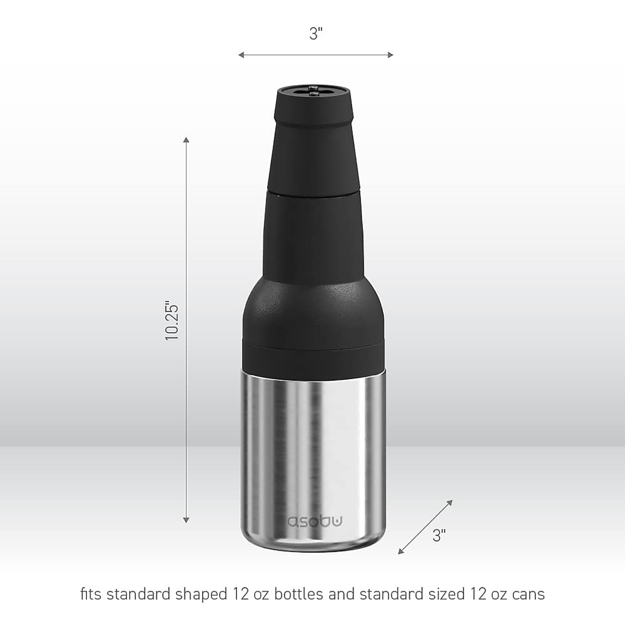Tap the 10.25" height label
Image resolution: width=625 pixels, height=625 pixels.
click(172, 320)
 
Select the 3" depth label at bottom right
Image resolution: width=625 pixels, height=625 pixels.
click(439, 535)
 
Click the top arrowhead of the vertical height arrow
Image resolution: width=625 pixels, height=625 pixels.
click(186, 140)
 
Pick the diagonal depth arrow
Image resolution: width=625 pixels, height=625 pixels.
click(425, 527)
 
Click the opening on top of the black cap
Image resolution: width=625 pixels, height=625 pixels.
click(315, 92)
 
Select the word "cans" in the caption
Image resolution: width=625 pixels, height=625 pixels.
click(527, 594)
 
